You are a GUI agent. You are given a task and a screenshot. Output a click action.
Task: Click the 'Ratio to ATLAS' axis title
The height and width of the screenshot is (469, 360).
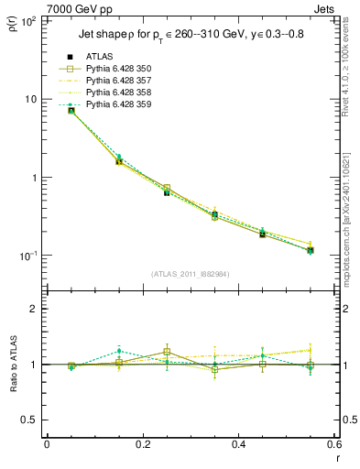(12, 364)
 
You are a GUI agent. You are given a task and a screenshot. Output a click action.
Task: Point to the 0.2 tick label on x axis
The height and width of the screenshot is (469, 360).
(143, 444)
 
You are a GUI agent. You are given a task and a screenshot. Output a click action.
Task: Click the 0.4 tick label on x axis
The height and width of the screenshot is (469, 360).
(239, 444)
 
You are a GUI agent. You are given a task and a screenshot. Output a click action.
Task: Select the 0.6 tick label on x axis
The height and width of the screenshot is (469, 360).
(334, 444)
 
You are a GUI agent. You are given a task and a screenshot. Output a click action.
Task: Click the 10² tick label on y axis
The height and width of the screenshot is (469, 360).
(29, 20)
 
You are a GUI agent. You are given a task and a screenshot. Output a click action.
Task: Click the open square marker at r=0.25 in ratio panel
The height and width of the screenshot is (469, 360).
(167, 352)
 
